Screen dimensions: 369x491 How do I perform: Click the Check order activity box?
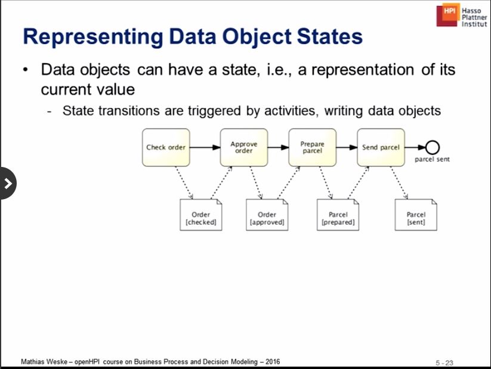[x=166, y=147]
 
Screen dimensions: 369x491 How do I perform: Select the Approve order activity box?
[x=244, y=147]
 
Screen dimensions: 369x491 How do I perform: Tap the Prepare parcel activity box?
[x=312, y=147]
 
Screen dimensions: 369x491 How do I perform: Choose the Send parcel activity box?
[x=381, y=147]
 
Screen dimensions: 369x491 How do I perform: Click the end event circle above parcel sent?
[x=433, y=147]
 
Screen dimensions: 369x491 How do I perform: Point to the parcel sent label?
[x=432, y=160]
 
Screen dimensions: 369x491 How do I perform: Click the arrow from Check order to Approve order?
[x=205, y=147]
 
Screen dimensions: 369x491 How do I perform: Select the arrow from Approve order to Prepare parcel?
[x=278, y=147]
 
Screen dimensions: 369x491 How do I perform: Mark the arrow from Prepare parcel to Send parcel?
[x=346, y=147]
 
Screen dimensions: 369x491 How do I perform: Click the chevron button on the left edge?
[x=8, y=183]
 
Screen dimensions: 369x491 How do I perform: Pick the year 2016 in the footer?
[x=272, y=362]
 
